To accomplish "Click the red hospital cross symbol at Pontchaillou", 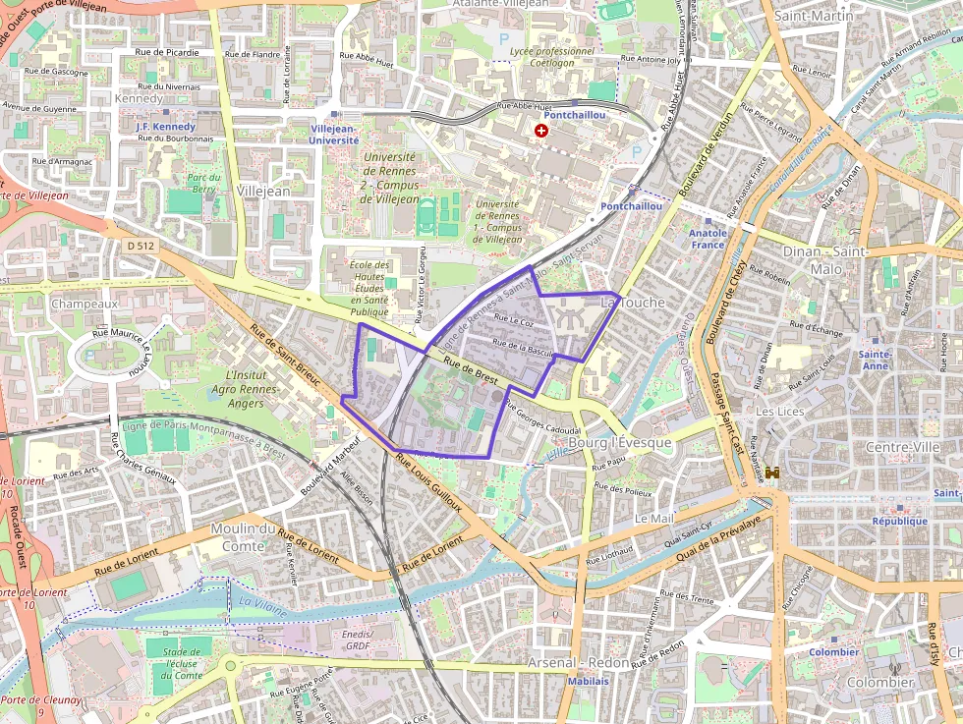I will (540, 130).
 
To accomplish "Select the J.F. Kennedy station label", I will (166, 127).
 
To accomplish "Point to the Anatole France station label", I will (708, 239).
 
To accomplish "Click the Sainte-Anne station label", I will (875, 360).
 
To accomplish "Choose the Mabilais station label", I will (587, 681).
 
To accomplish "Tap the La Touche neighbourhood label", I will (633, 303).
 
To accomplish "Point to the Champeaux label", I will (84, 304).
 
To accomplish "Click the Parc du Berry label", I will (202, 183).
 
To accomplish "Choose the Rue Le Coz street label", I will (513, 320).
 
